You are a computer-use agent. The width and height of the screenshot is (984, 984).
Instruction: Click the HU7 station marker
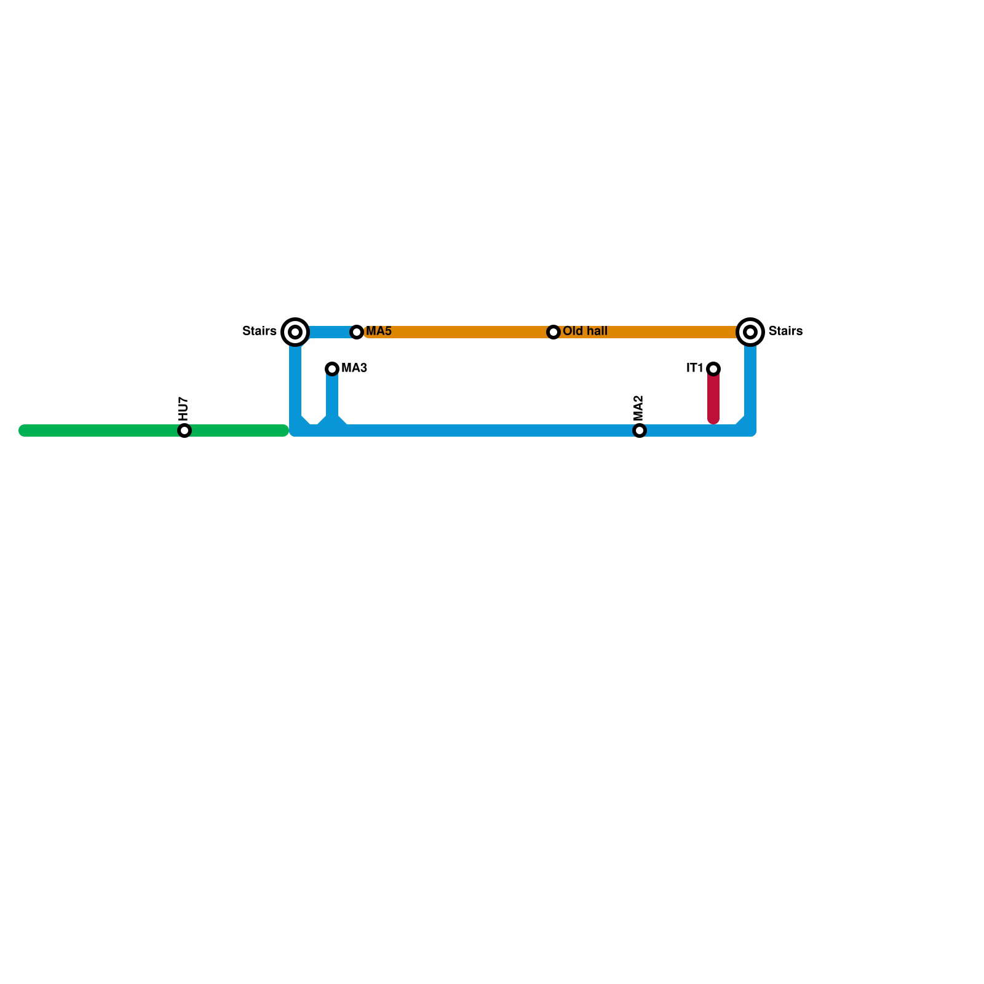(184, 430)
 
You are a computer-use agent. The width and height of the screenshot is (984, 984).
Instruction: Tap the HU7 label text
(183, 408)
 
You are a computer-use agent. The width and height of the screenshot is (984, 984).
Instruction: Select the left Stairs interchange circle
(295, 332)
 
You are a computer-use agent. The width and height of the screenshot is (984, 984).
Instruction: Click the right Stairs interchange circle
(750, 332)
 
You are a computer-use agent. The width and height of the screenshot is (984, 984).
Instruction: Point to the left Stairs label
(259, 331)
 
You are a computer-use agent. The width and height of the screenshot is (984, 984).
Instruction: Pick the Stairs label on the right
(785, 331)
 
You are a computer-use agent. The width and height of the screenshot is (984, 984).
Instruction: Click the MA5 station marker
(357, 332)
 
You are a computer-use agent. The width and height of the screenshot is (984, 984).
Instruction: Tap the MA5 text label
(379, 331)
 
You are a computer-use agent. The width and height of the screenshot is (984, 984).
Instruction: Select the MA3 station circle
(332, 369)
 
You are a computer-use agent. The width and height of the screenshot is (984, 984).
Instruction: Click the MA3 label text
(354, 368)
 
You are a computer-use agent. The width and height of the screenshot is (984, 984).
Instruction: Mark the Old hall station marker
(553, 332)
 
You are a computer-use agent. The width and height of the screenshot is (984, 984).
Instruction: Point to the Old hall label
(585, 331)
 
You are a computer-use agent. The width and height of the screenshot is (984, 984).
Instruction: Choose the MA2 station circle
(640, 430)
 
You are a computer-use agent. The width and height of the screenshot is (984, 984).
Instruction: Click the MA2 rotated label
(638, 408)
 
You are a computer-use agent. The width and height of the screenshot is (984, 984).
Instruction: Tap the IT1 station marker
(713, 369)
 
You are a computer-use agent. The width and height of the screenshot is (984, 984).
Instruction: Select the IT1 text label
(694, 368)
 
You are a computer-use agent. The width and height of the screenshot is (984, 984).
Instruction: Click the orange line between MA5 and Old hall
(455, 332)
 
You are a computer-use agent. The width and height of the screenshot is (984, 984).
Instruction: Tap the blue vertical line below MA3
(332, 397)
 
